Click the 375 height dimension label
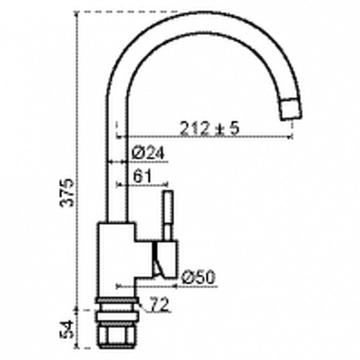[67, 193]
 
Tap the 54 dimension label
[66, 329]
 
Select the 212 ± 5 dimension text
[209, 129]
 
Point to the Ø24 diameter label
[148, 153]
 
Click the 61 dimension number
[142, 176]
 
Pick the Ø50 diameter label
[198, 277]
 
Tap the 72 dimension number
[159, 304]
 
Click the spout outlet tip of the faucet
[291, 109]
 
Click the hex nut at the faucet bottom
[117, 336]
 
